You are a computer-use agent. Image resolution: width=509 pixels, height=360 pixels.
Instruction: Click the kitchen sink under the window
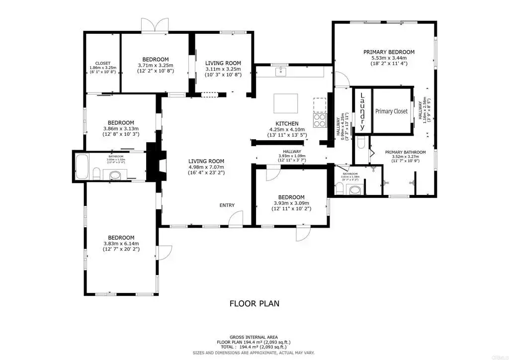click(x=281, y=73)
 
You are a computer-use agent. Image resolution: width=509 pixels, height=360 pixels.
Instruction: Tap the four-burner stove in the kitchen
click(x=319, y=120)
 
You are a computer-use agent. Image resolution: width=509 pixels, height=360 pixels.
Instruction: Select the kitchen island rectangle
click(x=287, y=103)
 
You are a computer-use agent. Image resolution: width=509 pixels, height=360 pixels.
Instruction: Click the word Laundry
click(x=362, y=110)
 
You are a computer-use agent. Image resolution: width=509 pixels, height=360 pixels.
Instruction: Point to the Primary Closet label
click(x=391, y=112)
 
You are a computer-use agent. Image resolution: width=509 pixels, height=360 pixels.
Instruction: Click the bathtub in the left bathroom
click(x=83, y=167)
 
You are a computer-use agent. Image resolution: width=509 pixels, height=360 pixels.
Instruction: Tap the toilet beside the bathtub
click(x=97, y=174)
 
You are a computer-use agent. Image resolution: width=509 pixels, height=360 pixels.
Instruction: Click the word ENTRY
click(x=227, y=206)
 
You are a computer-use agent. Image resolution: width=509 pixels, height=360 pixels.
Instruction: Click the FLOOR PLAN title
click(x=254, y=303)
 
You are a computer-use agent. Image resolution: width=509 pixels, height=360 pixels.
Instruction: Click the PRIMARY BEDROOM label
click(x=389, y=52)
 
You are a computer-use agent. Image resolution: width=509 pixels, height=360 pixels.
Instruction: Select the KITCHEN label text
click(x=287, y=123)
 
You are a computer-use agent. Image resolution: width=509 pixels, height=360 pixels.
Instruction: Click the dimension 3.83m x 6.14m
click(x=121, y=244)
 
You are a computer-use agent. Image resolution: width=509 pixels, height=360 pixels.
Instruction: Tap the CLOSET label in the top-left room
click(x=103, y=63)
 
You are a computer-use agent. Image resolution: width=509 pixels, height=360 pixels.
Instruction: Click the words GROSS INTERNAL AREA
click(x=254, y=337)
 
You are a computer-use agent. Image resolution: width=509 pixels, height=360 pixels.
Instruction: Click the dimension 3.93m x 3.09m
click(x=291, y=203)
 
